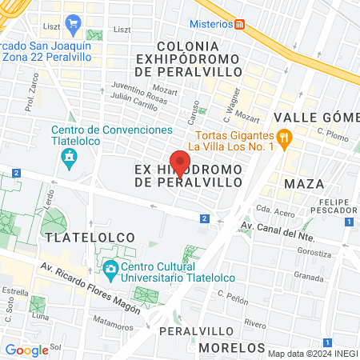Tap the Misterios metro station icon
click(x=239, y=24)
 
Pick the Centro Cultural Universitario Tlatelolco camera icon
click(x=110, y=268)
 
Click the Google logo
click(x=26, y=350)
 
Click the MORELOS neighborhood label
click(x=231, y=347)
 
